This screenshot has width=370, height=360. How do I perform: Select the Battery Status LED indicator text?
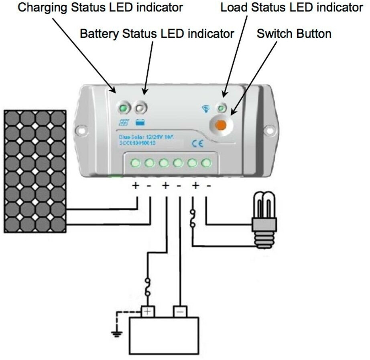tap(157, 34)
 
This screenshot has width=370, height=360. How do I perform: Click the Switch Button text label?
tap(294, 34)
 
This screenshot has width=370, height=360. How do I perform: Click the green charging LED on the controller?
tap(124, 108)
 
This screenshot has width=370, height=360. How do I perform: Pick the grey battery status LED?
tap(140, 108)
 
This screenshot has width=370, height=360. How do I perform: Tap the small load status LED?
tap(221, 108)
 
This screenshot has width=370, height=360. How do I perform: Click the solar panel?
tap(35, 171)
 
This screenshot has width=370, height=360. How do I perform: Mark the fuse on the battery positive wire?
tap(148, 287)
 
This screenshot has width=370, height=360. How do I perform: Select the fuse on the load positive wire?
tap(193, 218)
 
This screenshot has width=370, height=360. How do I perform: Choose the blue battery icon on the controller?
tap(140, 123)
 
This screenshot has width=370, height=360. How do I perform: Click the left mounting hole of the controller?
tap(83, 130)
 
